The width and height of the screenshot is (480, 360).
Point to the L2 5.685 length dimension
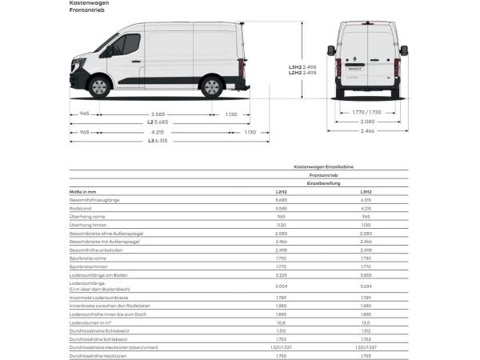tap(157, 122)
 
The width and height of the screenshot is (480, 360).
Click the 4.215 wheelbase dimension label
tap(157, 132)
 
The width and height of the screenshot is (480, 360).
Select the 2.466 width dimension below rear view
tap(367, 130)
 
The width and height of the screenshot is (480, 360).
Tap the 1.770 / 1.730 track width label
tap(367, 113)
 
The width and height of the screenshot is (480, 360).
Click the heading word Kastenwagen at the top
tap(87, 4)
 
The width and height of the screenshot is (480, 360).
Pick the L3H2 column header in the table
tap(366, 192)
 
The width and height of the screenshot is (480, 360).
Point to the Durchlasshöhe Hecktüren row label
tap(98, 354)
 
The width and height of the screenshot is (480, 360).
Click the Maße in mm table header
tap(82, 192)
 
